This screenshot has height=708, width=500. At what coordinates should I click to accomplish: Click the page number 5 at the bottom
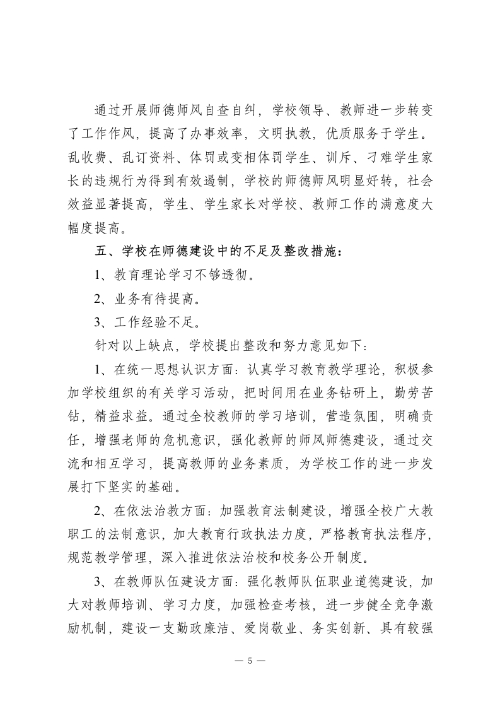[x=250, y=661]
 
